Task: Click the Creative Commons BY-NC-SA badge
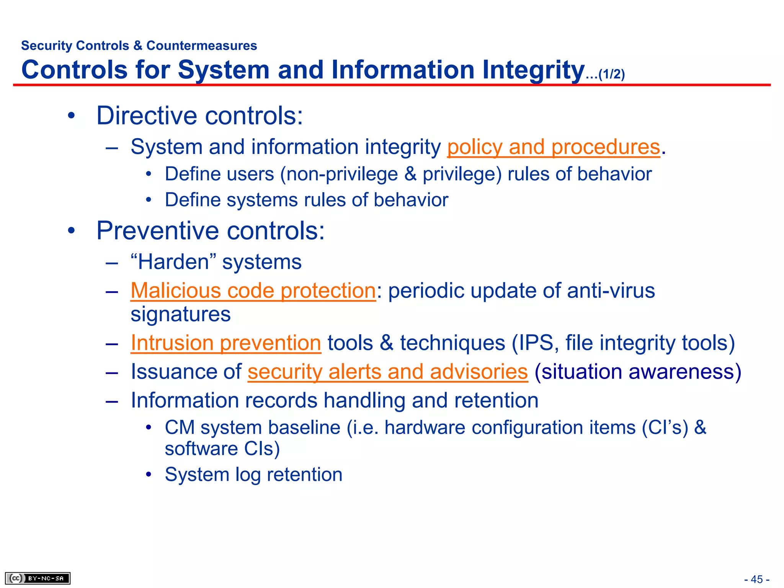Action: click(x=38, y=578)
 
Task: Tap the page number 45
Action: click(x=756, y=579)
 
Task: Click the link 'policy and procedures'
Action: click(x=554, y=147)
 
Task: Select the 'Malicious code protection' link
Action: click(x=253, y=291)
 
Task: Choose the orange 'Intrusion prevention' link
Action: click(x=226, y=343)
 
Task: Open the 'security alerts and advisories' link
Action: click(x=387, y=372)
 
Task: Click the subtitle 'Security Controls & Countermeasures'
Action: click(x=139, y=46)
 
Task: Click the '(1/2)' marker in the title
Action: click(x=612, y=74)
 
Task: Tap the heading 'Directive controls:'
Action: click(x=199, y=116)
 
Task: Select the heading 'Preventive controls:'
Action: click(x=211, y=231)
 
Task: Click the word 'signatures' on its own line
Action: click(x=180, y=315)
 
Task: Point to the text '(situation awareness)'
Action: click(x=638, y=372)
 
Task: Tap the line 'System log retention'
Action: click(x=253, y=475)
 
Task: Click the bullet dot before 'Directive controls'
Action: click(x=71, y=116)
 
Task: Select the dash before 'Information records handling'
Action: click(x=112, y=401)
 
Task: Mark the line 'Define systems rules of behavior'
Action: click(x=306, y=200)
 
